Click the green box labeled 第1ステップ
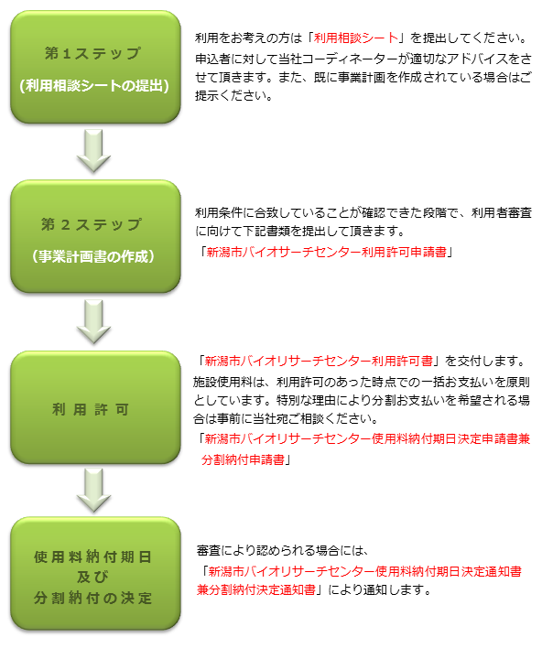94,67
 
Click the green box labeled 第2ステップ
94,237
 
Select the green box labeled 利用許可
94,407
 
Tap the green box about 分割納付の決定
94,574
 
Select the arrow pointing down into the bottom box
94,490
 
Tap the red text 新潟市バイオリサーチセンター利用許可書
320,360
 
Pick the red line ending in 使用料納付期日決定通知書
363,571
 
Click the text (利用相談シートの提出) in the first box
94,86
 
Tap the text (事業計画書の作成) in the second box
94,255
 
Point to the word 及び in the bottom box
94,577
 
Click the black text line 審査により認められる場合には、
281,550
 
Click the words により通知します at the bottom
374,590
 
